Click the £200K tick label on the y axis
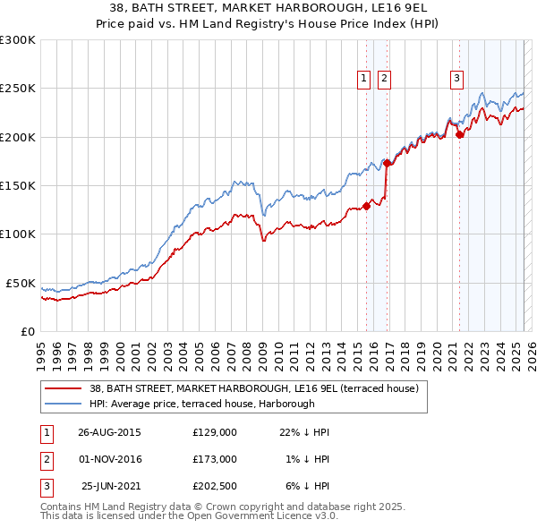(x=17, y=137)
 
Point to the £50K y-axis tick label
(x=20, y=283)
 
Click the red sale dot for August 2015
(x=366, y=206)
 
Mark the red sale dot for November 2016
(x=388, y=164)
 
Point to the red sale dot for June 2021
(x=460, y=135)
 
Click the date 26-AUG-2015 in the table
(x=109, y=432)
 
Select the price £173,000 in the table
(x=215, y=459)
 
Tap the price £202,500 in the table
(x=215, y=486)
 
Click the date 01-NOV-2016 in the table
(x=109, y=459)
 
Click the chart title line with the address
(x=268, y=8)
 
